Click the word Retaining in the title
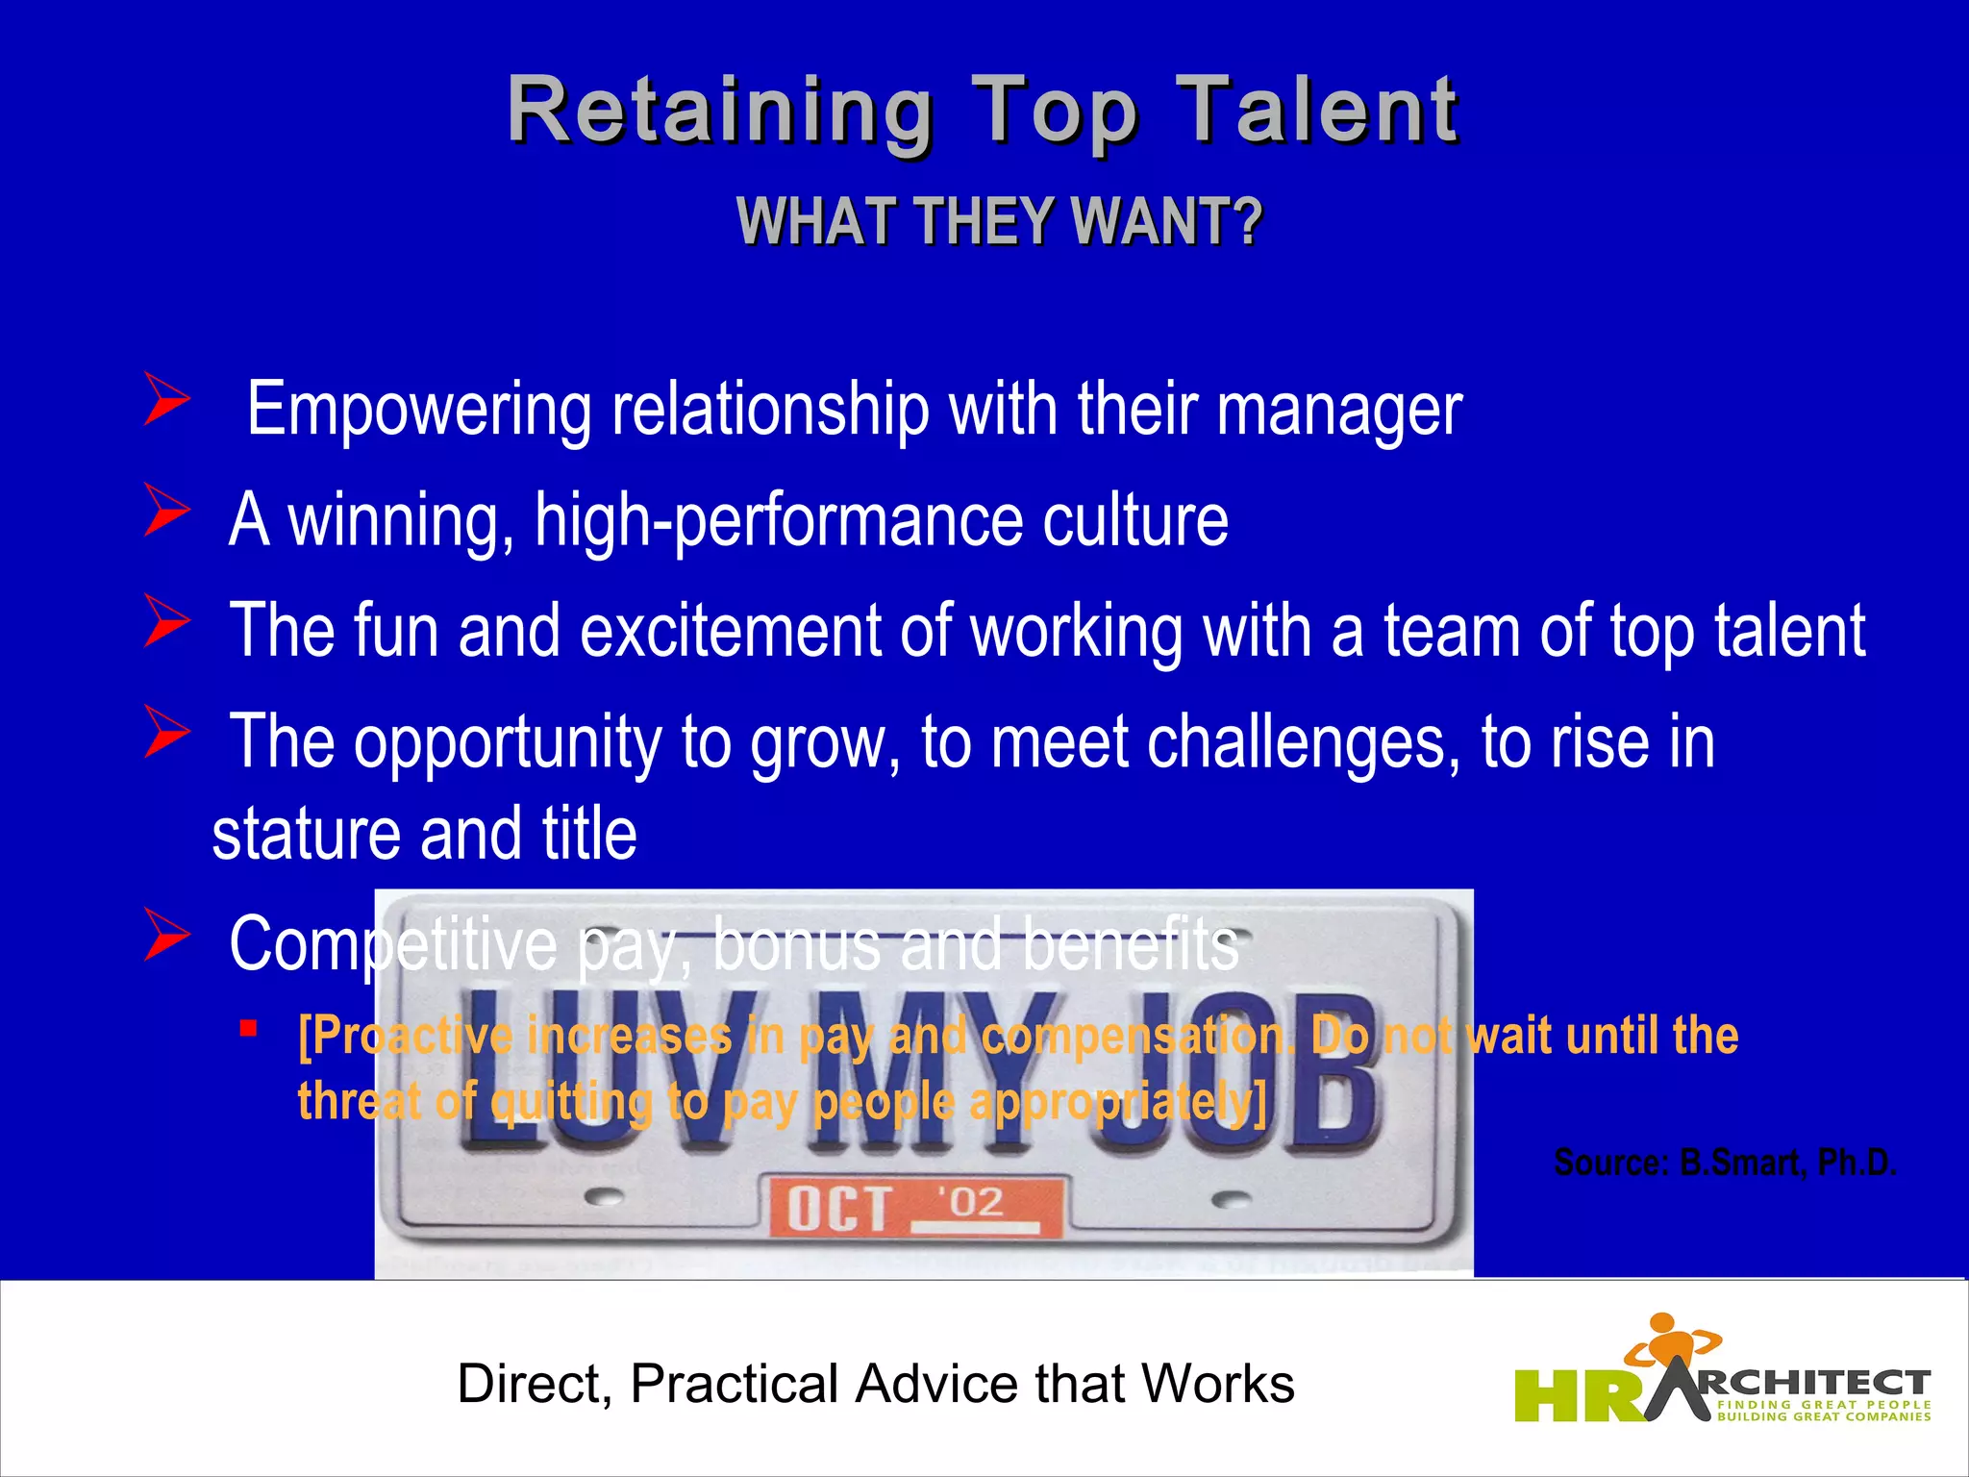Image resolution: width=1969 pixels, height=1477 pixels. coord(719,113)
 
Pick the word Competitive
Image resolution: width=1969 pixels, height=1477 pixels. coord(392,943)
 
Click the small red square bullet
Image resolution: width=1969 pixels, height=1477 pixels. coord(249,1029)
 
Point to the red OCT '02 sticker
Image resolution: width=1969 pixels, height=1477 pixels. coord(912,1206)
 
